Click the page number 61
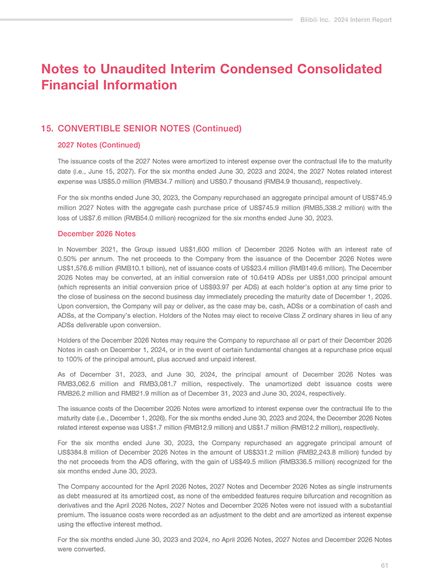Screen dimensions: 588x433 tap(384, 565)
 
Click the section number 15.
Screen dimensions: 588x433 tap(45, 129)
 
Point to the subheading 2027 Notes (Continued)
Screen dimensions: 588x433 tap(99, 145)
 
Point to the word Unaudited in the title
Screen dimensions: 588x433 tap(134, 69)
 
